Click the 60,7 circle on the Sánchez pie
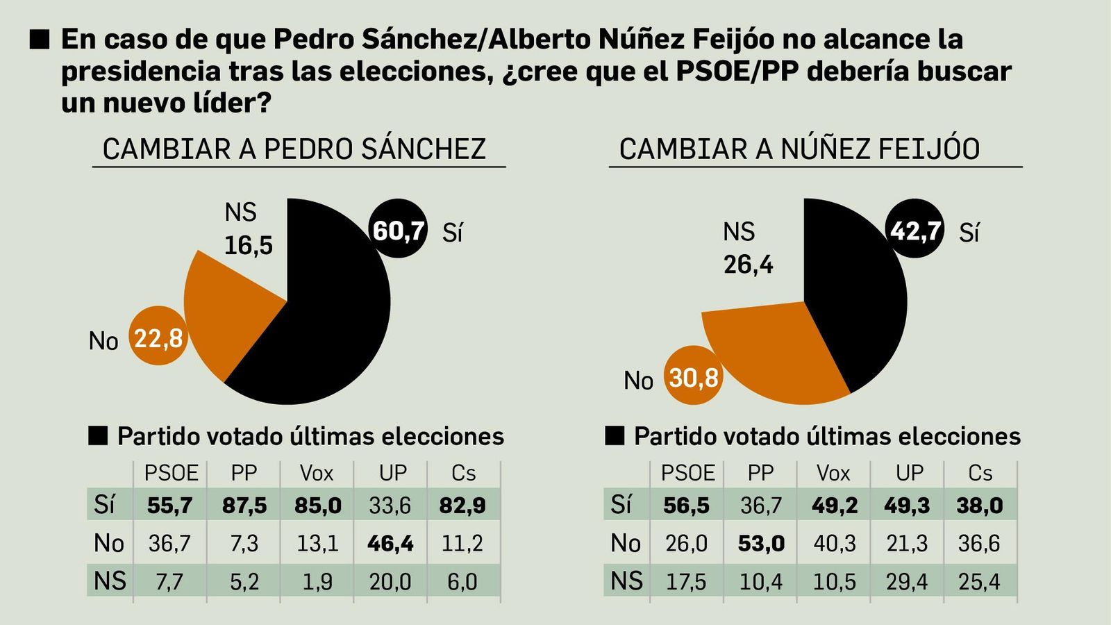398,229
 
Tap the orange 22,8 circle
158,337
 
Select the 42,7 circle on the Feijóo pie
915,229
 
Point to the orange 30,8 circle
693,376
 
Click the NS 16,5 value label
248,244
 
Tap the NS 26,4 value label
748,264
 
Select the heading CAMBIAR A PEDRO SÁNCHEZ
294,149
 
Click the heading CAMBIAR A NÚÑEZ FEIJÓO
799,149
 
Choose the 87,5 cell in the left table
244,505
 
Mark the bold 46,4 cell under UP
390,543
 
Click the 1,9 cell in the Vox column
317,581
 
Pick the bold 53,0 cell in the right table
761,543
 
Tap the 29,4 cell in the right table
906,581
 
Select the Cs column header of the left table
463,473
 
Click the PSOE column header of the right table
687,473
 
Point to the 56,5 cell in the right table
686,505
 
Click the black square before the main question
40,40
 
